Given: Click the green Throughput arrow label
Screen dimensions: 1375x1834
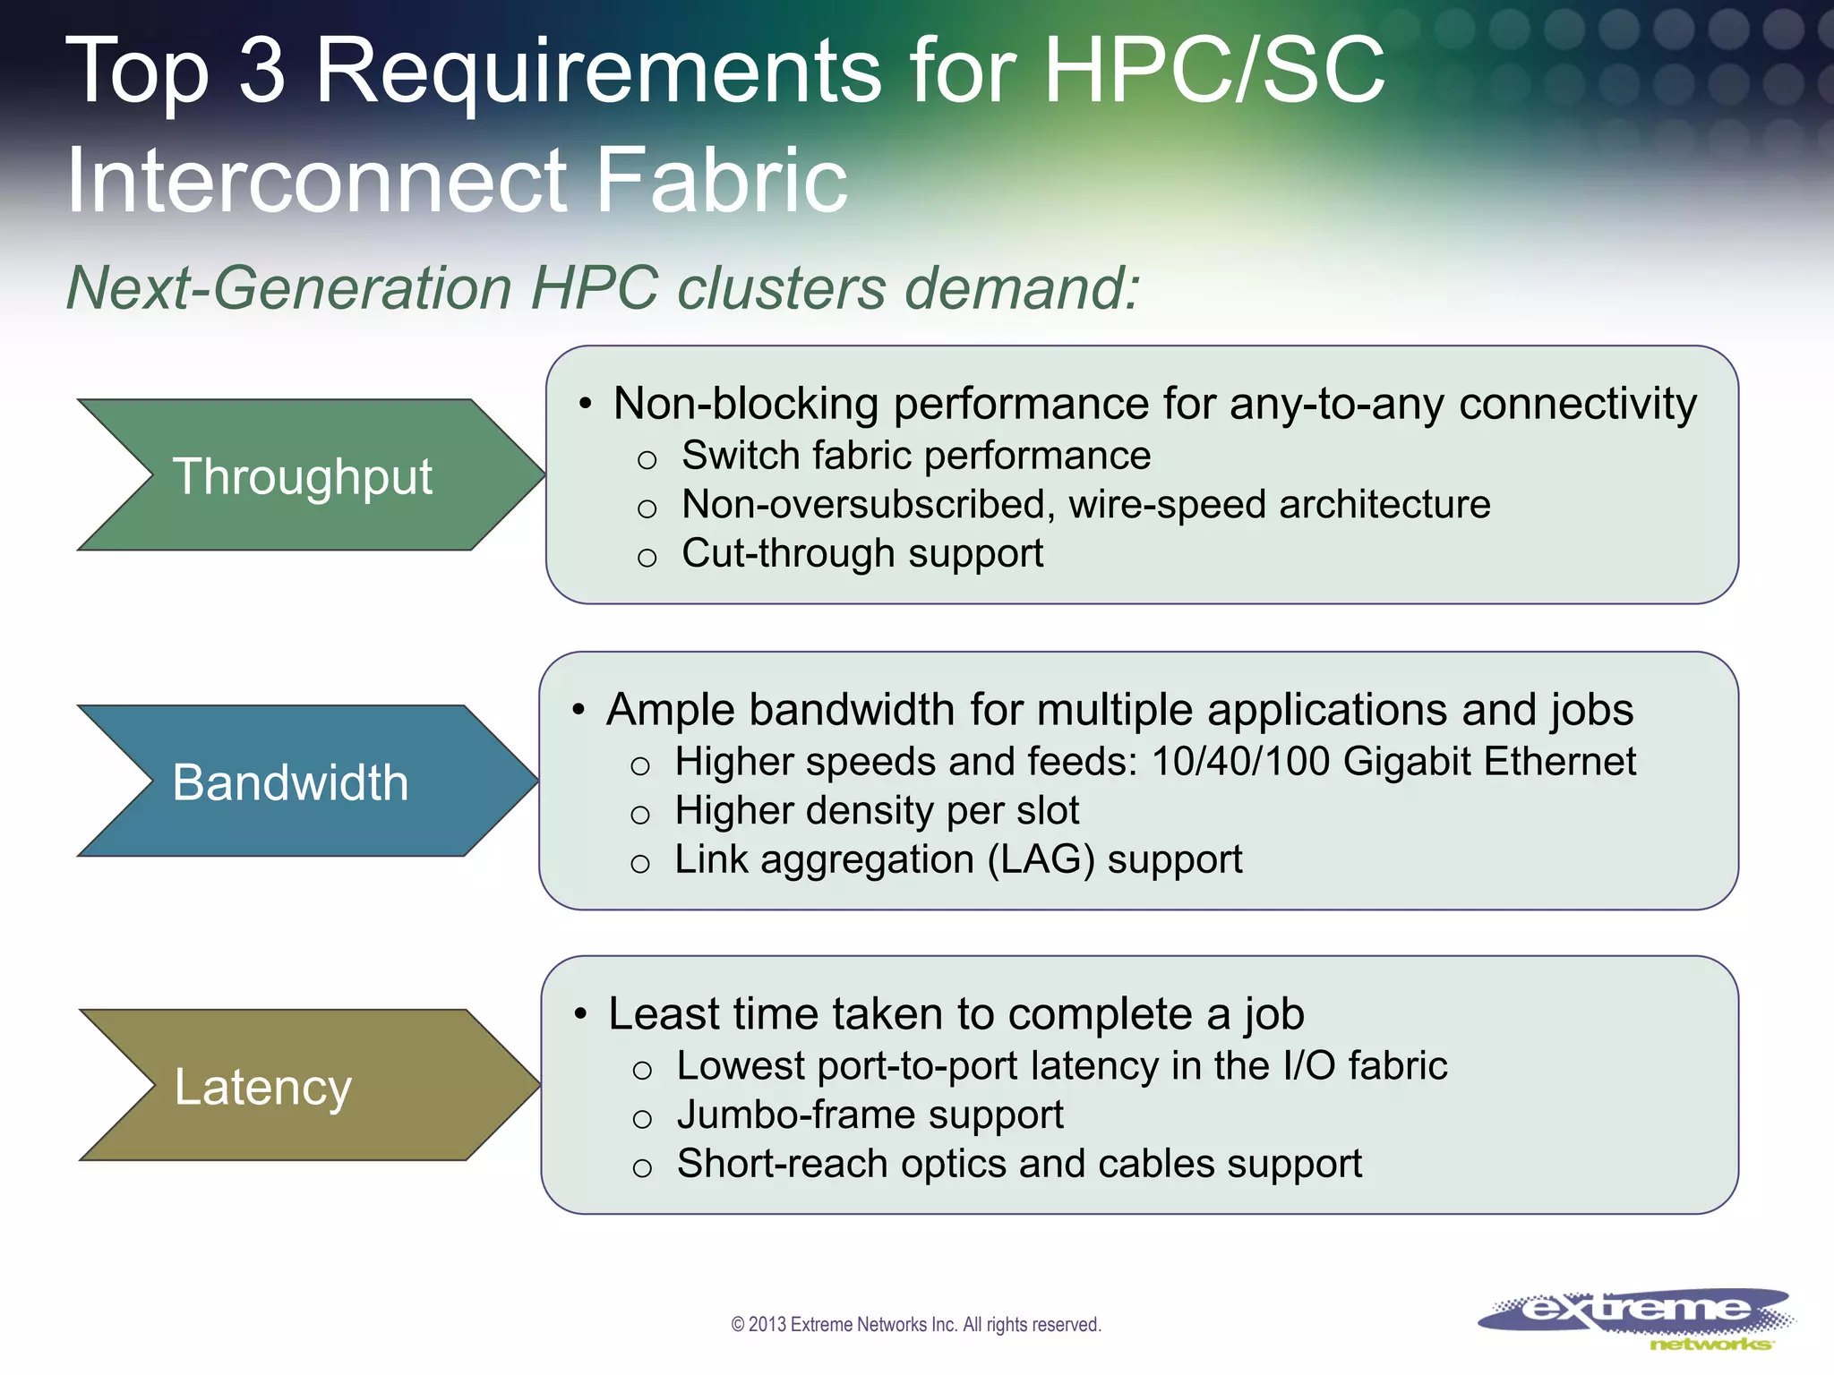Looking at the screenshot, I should coord(303,475).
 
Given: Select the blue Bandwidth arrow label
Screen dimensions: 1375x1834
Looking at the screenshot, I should coord(290,781).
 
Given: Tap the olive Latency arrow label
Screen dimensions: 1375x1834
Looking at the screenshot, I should coord(262,1087).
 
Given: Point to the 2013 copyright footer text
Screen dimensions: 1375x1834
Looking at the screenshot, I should coord(915,1324).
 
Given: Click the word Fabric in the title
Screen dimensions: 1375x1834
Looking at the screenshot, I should coord(721,180).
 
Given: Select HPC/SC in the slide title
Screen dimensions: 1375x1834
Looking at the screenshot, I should coord(1213,70).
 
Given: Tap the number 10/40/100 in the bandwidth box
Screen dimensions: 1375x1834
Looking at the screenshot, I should coord(1240,762).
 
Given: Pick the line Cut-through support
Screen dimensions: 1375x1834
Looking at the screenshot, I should coord(861,553).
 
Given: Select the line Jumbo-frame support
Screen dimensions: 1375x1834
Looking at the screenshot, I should coord(870,1115).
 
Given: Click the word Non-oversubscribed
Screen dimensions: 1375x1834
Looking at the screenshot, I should coord(862,504).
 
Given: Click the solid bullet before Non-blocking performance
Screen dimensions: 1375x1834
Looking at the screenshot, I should coord(585,405).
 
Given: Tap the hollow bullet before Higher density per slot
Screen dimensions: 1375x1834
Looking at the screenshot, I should coord(639,815).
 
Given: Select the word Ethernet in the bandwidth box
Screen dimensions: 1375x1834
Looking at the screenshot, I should coord(1559,762).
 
